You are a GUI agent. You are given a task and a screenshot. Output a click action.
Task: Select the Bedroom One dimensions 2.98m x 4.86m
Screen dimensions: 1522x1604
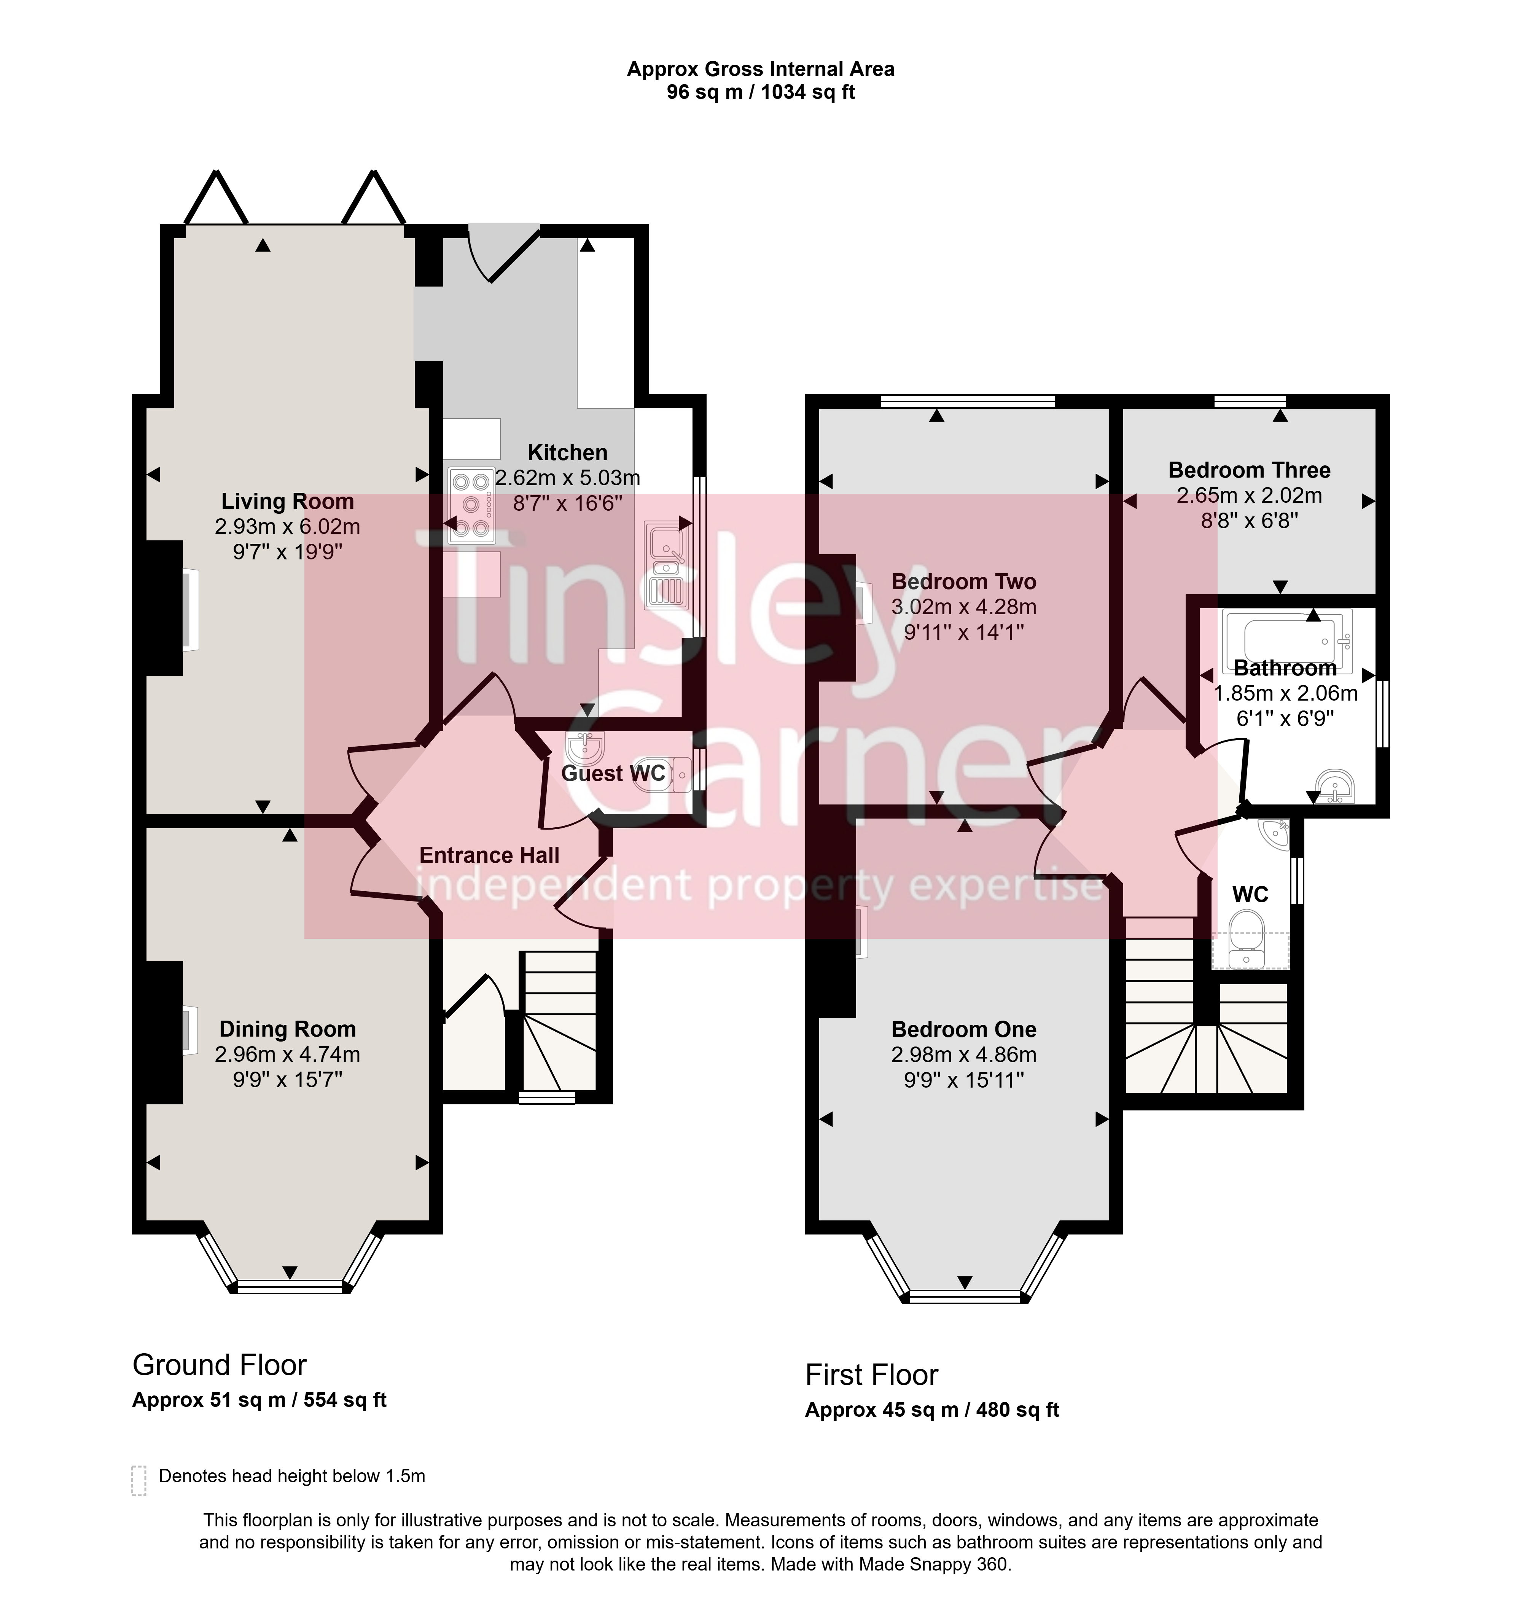[964, 1055]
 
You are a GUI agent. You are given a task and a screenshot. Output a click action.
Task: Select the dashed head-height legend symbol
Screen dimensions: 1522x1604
[139, 1480]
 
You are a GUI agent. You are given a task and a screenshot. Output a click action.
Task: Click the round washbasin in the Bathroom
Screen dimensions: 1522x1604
[1336, 785]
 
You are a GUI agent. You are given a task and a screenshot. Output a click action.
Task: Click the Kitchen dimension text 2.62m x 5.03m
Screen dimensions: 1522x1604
[568, 478]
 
